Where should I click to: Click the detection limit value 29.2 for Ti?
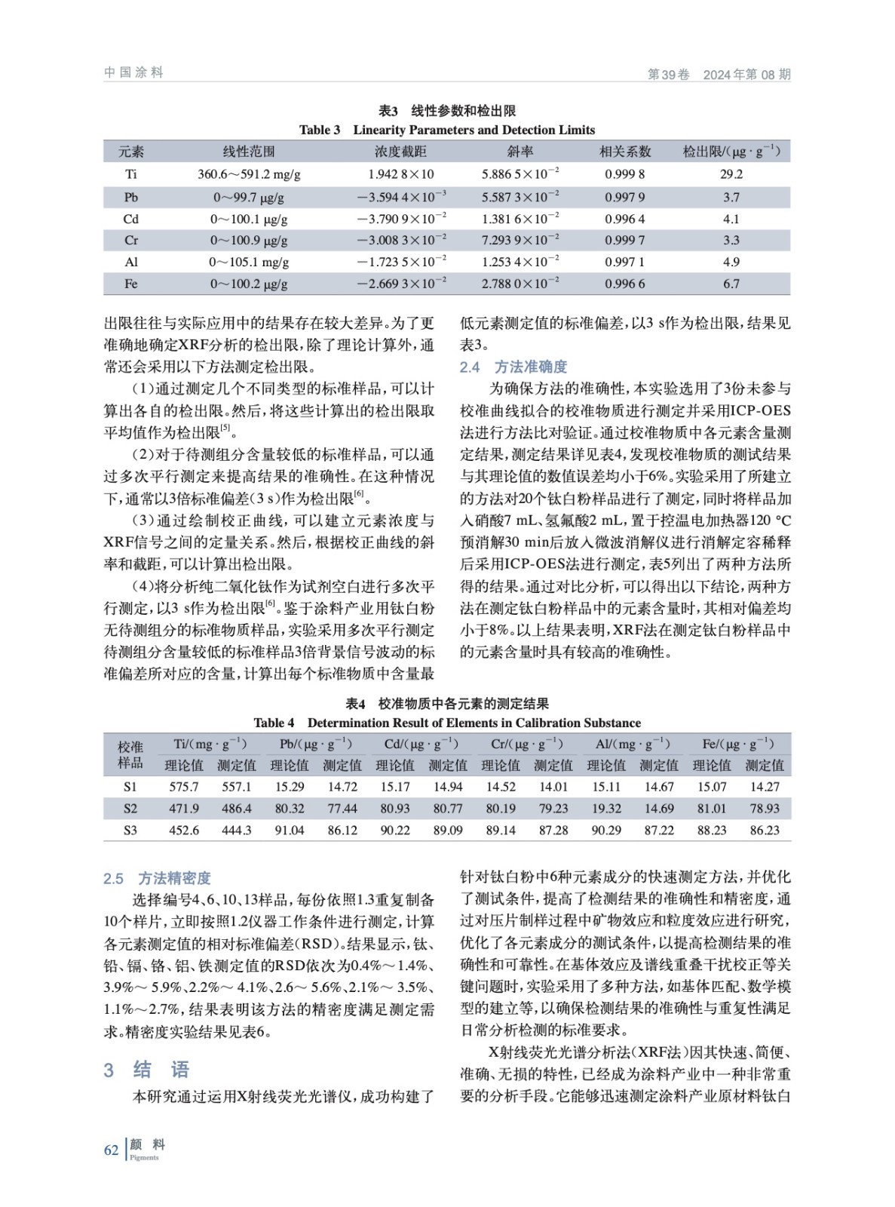tap(731, 174)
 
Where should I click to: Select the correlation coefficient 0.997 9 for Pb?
tap(624, 198)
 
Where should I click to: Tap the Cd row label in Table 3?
tap(131, 220)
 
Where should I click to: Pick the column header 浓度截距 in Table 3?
tap(400, 152)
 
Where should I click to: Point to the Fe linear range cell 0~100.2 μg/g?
tap(249, 284)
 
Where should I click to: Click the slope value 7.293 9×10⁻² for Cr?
tap(520, 241)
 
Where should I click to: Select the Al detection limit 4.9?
tap(731, 263)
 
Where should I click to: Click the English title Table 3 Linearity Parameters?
tap(447, 130)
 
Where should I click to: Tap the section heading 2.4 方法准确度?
tap(513, 367)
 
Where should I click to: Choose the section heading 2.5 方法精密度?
tap(157, 878)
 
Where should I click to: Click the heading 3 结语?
tap(147, 1070)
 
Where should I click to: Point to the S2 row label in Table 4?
tap(130, 809)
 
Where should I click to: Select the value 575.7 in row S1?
tap(184, 787)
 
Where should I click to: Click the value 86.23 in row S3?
tap(765, 831)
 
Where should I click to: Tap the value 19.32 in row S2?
tap(606, 809)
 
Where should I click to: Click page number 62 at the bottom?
tap(111, 1150)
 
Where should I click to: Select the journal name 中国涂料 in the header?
tap(133, 72)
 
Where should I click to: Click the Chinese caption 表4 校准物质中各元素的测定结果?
tap(447, 704)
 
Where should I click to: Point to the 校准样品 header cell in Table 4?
tap(130, 754)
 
